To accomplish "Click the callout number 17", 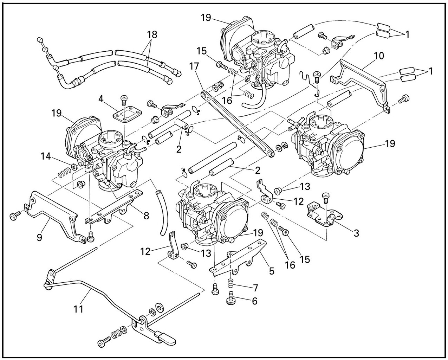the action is pos(194,67).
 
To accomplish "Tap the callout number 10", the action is pos(379,56).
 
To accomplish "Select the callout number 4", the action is pos(101,99).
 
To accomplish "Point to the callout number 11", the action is pos(78,309).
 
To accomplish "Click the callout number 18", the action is pos(152,34).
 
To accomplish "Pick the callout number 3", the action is pos(356,233).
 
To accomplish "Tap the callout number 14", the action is pos(46,156).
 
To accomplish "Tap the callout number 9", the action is pos(39,237).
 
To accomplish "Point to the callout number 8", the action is pos(147,216).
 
